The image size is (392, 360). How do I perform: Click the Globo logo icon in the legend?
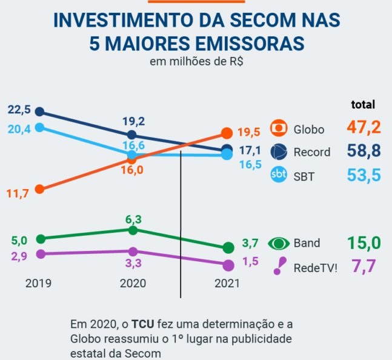279,129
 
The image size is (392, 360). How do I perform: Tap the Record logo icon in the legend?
279,151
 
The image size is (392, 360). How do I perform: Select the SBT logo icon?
279,175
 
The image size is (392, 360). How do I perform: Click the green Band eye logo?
279,244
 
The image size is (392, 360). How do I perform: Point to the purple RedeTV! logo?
279,266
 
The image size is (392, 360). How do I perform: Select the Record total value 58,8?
364,151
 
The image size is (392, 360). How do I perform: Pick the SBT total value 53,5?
364,175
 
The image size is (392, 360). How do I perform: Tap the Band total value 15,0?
364,243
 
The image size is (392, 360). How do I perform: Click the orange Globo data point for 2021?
227,133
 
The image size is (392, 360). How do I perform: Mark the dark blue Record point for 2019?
40,112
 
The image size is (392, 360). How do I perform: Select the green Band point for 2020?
133,230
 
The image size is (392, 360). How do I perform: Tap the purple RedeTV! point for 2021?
228,265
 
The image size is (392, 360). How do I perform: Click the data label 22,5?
18,110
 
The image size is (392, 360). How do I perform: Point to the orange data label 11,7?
18,194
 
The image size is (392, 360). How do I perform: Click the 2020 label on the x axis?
133,283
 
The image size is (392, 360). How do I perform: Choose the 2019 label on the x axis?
39,283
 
